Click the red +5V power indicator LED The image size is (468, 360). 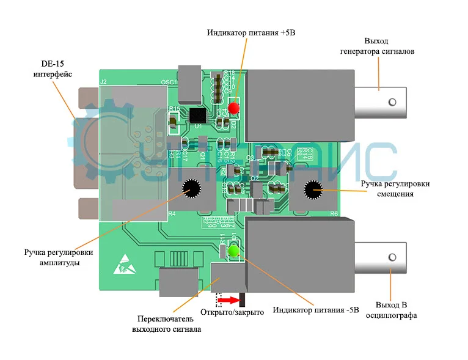(x=233, y=108)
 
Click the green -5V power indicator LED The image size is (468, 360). (x=233, y=251)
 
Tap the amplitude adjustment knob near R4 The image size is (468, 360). (x=190, y=189)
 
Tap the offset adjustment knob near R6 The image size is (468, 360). (x=315, y=190)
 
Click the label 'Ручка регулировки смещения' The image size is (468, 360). (x=395, y=188)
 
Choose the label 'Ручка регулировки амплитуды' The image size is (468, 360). (x=59, y=257)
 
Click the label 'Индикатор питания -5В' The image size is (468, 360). (x=316, y=309)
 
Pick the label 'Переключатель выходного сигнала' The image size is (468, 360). (x=166, y=324)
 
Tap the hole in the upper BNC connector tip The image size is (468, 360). (x=393, y=101)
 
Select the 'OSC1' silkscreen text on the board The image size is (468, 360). (x=168, y=82)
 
